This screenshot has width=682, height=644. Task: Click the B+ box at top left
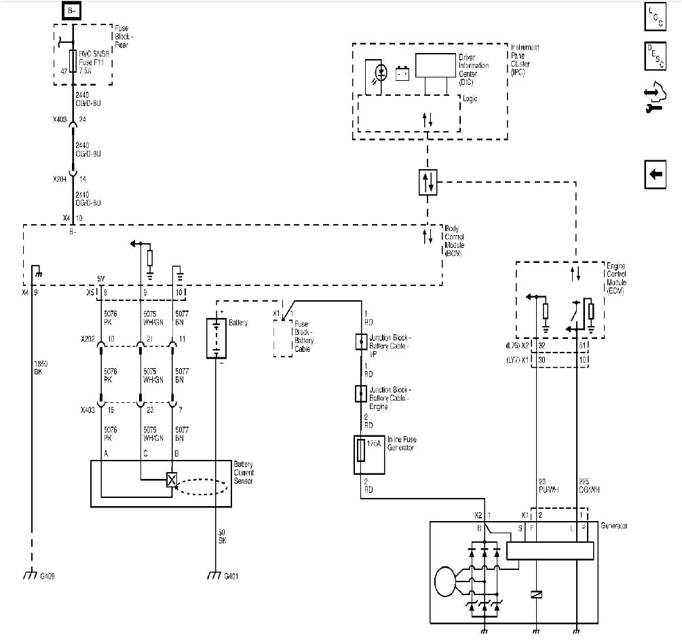click(73, 10)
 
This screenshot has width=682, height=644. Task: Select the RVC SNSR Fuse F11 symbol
click(73, 61)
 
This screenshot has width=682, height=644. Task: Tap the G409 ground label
click(48, 577)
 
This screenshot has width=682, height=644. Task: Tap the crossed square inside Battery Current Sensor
click(172, 480)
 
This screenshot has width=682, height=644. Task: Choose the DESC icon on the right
click(655, 56)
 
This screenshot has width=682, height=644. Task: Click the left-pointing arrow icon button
click(655, 174)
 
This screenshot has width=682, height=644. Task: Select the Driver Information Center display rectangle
click(435, 65)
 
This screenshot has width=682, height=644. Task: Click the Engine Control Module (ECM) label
click(617, 279)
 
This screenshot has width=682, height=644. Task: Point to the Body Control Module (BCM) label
click(455, 240)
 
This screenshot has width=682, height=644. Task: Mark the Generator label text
click(614, 526)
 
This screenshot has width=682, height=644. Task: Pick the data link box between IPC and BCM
click(428, 181)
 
